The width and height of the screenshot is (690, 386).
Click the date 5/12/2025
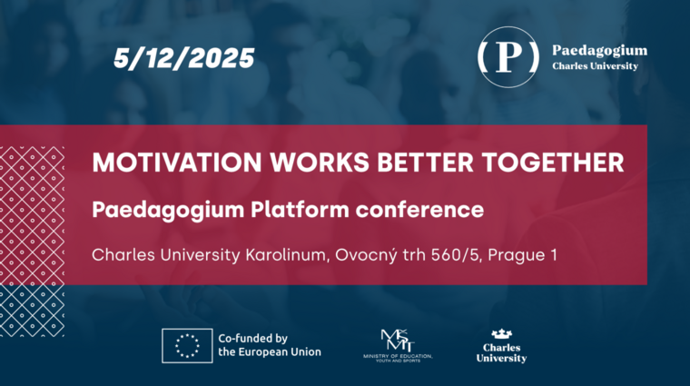pos(184,59)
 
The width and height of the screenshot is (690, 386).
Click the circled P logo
pos(508,56)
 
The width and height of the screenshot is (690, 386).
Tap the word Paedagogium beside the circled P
pos(599,50)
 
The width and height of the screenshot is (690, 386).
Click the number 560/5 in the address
pos(459,255)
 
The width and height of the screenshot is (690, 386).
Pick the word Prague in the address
pos(517,255)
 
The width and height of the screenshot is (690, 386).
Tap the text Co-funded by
pos(253,337)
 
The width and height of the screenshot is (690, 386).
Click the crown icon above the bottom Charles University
pos(501,334)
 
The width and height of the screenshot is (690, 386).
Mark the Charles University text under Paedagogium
pos(596,66)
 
